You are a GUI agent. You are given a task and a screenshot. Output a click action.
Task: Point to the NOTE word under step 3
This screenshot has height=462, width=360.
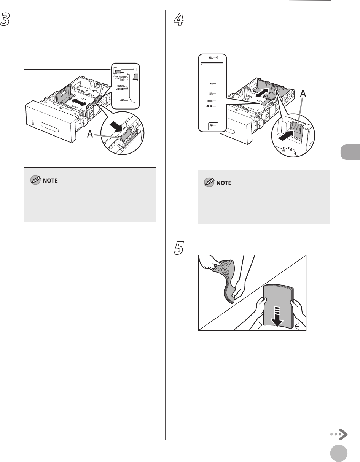(x=49, y=181)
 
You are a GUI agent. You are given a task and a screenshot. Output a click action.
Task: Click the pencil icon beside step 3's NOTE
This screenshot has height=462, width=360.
(x=35, y=181)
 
